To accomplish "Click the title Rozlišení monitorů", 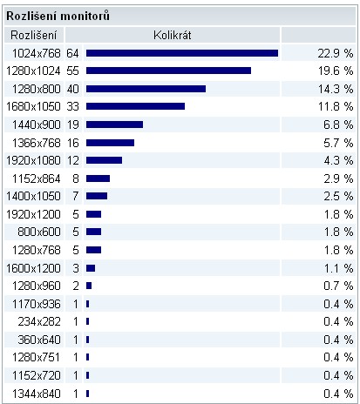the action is tap(58, 16).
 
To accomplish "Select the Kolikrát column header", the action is tap(173, 36).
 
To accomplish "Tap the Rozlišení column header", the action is tap(34, 36).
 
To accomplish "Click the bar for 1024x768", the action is tap(182, 53).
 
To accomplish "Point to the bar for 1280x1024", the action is tap(168, 71).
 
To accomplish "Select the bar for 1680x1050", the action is tap(135, 106).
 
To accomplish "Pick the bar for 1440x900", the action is tap(114, 125).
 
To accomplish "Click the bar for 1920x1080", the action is tap(104, 160).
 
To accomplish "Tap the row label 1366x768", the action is tap(37, 143).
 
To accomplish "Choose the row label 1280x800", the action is tap(37, 89).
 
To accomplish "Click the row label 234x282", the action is tap(39, 321).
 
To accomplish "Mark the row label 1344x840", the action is tap(37, 394).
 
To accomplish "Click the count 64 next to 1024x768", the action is tap(72, 53).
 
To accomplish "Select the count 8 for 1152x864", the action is tap(76, 178).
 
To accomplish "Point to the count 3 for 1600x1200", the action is tap(76, 268).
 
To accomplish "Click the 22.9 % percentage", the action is tap(336, 53).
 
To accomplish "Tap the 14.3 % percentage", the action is tap(336, 89).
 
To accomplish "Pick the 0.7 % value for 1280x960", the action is tap(338, 286).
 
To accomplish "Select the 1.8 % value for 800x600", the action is tap(338, 232).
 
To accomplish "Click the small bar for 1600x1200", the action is tap(91, 268).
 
